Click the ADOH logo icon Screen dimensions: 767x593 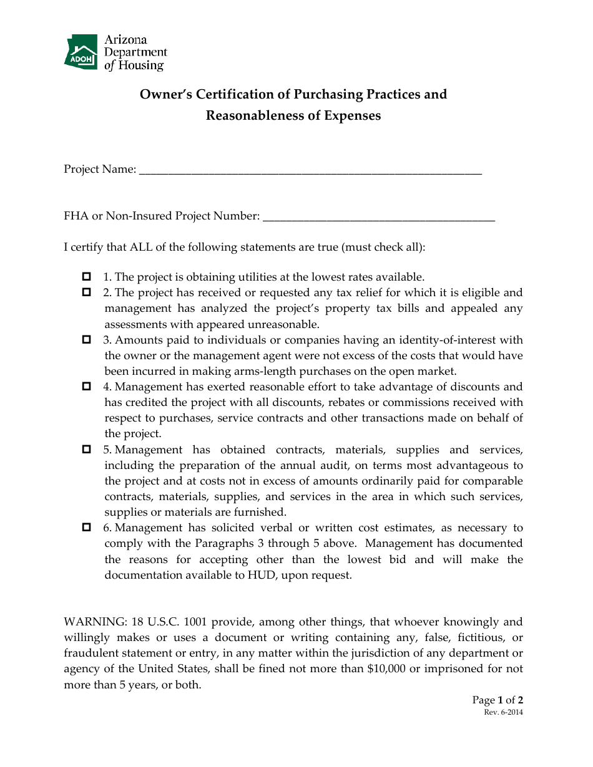point(81,52)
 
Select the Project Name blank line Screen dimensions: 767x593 point(310,170)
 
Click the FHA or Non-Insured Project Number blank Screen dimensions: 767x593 point(379,216)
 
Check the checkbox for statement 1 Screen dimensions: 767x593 point(87,276)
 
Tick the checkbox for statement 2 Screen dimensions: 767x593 point(87,292)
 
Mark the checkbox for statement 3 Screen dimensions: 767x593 point(87,339)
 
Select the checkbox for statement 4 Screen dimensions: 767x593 point(87,387)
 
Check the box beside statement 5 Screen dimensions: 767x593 point(87,449)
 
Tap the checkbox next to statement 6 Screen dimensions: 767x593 point(87,528)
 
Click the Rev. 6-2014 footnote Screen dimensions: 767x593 point(503,713)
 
